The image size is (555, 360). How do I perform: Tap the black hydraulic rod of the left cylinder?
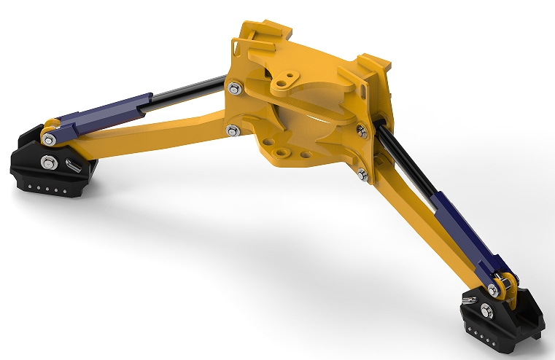coord(182,92)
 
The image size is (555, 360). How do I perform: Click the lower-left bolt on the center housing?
coord(232,131)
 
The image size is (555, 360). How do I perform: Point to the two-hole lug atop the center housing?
coord(288,80)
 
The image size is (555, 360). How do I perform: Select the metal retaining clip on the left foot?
coord(71,164)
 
